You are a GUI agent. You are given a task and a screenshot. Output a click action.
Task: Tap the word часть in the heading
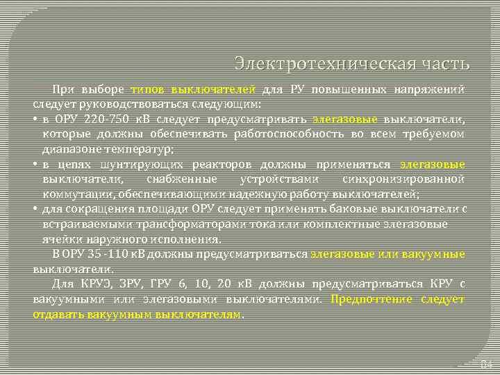(444, 64)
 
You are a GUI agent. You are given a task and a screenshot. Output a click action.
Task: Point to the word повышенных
(346, 90)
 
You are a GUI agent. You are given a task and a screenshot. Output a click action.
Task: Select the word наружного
(110, 239)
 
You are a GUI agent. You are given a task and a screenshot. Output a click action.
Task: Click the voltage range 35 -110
(99, 254)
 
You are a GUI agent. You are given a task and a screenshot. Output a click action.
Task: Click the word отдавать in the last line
(59, 314)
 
